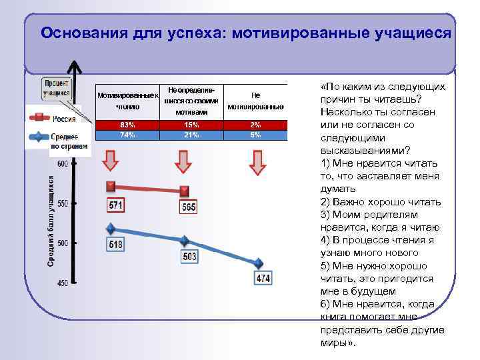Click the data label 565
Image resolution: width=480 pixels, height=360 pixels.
pos(188,207)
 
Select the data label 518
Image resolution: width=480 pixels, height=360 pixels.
pos(115,245)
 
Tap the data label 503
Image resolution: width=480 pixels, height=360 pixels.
pos(189,257)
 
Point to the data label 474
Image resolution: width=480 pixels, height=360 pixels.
pos(263,279)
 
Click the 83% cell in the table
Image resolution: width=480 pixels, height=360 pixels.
pos(127,125)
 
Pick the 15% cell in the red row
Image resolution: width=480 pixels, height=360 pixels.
pos(191,125)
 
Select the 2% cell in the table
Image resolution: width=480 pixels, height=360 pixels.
pos(256,125)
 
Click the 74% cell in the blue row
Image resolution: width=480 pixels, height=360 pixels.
pos(127,135)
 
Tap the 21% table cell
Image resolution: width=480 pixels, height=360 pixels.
pos(191,135)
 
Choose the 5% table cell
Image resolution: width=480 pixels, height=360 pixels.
pos(256,135)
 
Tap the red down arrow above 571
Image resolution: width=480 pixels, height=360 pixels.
pos(111,161)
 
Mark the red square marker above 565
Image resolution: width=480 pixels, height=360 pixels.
pos(185,191)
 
